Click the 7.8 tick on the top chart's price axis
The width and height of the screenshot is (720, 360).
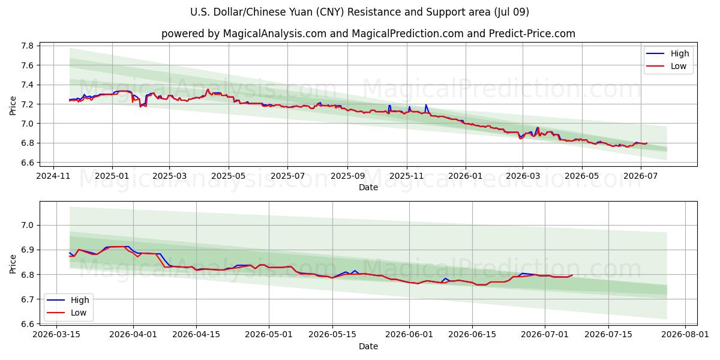click(x=28, y=46)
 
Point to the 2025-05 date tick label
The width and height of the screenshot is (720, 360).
click(x=228, y=176)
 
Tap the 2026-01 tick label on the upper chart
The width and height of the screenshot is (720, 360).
click(x=465, y=176)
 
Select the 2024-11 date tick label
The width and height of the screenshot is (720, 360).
click(x=53, y=176)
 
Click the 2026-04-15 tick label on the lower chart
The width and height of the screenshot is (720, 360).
click(x=196, y=334)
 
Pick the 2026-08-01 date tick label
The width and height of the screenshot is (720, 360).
click(x=685, y=334)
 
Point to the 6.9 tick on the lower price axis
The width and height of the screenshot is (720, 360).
click(x=28, y=250)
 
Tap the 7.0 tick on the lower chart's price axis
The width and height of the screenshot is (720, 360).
click(x=28, y=225)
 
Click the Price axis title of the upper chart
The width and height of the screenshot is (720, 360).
click(x=13, y=106)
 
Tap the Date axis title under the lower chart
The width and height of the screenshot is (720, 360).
click(x=368, y=346)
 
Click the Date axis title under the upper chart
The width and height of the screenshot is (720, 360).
click(x=368, y=187)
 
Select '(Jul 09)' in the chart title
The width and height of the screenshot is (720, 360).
click(x=512, y=12)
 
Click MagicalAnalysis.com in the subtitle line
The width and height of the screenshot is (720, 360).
click(x=275, y=34)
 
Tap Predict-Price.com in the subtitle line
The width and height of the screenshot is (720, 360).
click(x=532, y=34)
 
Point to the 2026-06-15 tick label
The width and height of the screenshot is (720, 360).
click(x=472, y=334)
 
